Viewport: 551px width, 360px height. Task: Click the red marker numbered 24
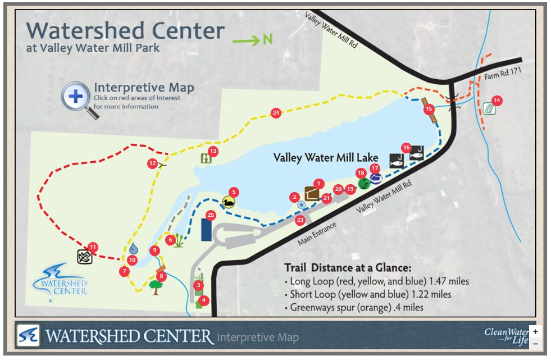pos(276,113)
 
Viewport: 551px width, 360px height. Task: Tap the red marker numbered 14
pos(497,101)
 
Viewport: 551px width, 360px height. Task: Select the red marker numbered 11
pos(93,246)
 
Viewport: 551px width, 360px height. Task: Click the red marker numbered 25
pos(211,215)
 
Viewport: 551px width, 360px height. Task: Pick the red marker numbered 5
pos(234,192)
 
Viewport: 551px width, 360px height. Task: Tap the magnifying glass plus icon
pos(76,96)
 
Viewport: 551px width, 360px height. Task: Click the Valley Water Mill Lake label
pos(326,158)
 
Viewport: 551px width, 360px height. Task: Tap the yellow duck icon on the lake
pos(229,202)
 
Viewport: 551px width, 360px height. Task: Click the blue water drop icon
pos(133,248)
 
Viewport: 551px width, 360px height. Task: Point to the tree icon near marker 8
pos(156,287)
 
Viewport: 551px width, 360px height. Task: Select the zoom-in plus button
pos(535,332)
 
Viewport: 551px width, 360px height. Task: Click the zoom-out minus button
pos(535,343)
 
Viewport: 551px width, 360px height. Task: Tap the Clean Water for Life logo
pos(506,336)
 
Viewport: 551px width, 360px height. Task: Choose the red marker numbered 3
pos(198,285)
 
